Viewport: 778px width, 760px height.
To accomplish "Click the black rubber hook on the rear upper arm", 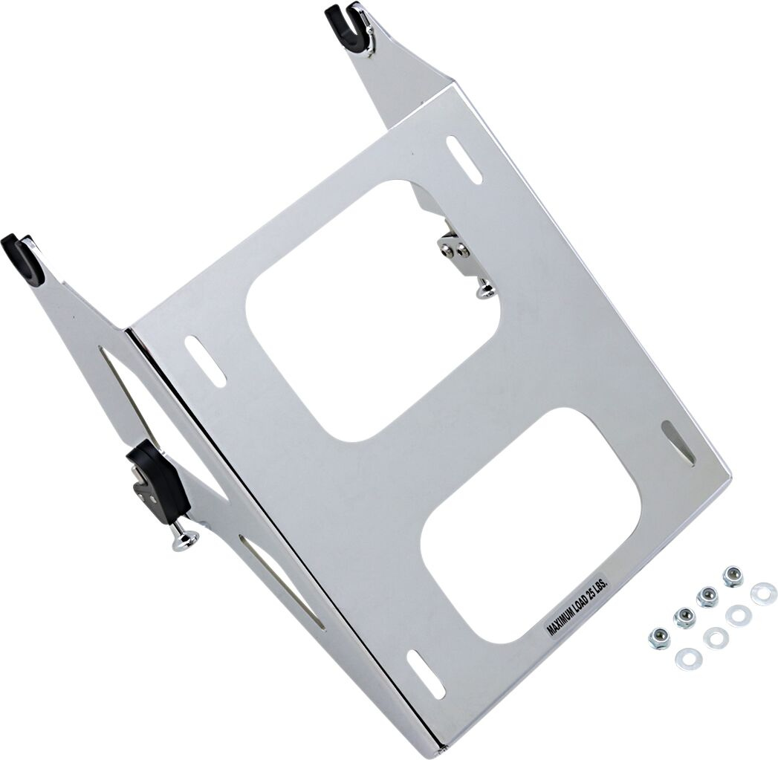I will click(346, 28).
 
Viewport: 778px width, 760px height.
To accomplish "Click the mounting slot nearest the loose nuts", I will click(678, 443).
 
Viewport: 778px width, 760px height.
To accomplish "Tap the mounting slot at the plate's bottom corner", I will click(426, 672).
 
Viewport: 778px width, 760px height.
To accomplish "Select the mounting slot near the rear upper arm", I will click(465, 160).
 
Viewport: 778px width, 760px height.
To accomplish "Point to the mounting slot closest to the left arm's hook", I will click(205, 361).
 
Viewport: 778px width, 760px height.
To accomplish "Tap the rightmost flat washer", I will click(763, 593).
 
